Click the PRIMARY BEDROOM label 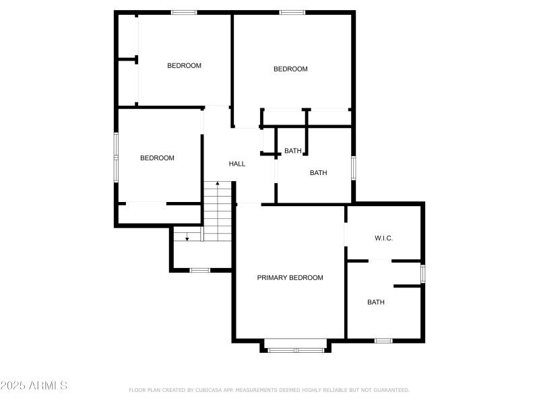coord(290,277)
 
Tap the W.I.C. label coord(383,238)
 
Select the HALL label coord(237,164)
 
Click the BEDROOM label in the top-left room coord(184,65)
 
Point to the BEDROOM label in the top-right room coord(290,69)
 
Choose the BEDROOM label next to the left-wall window coord(157,158)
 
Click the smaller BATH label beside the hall coord(292,151)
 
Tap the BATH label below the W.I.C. coord(376,302)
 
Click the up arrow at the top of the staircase coord(217,184)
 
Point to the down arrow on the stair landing coord(187,238)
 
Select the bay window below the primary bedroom coord(296,349)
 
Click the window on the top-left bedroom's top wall coord(184,12)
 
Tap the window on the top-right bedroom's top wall coord(292,12)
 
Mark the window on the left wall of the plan coord(116,157)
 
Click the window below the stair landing coord(199,270)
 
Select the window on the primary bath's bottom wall coord(383,341)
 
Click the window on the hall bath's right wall coord(354,168)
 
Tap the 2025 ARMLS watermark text coord(34,386)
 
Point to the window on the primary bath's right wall coord(423,273)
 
